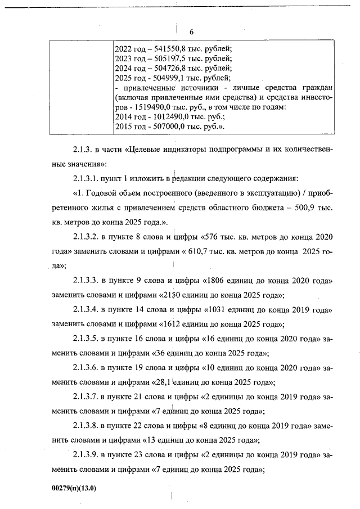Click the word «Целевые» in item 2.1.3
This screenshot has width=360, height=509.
[x=148, y=151]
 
